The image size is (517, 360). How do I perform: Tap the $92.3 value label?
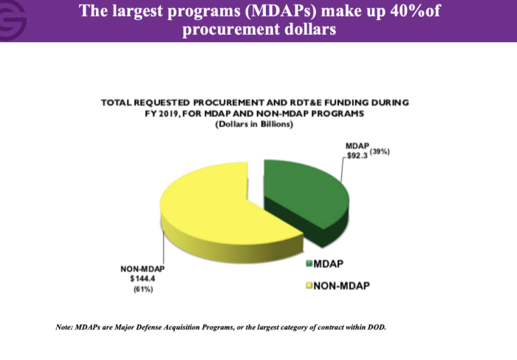click(x=357, y=155)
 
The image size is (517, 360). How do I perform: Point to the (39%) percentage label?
click(x=380, y=152)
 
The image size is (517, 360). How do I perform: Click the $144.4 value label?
click(x=143, y=279)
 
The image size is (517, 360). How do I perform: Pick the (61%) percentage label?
click(x=143, y=289)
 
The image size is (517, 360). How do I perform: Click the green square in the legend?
click(x=309, y=263)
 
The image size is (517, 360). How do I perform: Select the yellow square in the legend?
click(x=309, y=285)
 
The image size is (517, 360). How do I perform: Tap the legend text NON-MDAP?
click(x=341, y=285)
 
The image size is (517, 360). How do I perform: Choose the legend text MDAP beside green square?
click(x=329, y=264)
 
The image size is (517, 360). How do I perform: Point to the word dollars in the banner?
click(x=310, y=29)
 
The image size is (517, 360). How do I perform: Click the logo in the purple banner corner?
click(x=12, y=20)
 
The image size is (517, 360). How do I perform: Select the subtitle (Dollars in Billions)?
click(x=254, y=124)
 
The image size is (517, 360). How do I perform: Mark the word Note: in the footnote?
click(x=64, y=327)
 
